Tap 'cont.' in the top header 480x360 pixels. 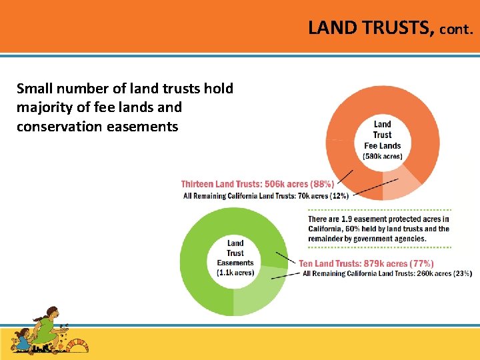456,29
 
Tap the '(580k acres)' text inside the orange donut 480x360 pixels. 383,157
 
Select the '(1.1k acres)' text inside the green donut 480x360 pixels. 235,273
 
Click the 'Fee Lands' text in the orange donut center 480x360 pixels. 383,145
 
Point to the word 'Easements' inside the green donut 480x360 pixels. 235,263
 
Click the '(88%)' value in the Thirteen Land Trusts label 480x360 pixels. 322,184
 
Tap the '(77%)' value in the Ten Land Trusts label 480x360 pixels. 422,264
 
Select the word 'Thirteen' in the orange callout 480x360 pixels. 200,184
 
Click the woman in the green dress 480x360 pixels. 46,326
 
